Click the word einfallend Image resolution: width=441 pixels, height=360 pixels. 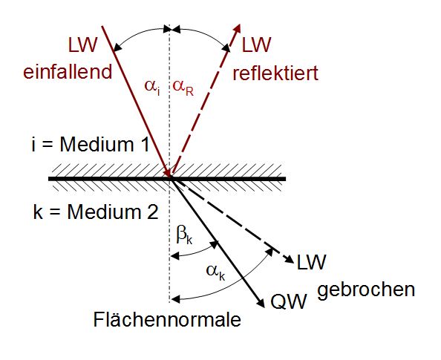point(68,72)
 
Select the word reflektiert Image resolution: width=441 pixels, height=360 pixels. point(275,73)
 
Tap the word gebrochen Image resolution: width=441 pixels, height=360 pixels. point(366,289)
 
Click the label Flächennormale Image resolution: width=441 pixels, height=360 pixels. point(167,319)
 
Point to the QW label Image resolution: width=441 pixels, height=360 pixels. point(288,301)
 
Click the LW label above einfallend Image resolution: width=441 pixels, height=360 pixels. point(82,45)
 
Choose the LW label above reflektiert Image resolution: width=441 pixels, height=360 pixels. point(256,45)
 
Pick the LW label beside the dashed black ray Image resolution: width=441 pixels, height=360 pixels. point(311,262)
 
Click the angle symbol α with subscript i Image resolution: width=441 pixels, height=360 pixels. point(152,87)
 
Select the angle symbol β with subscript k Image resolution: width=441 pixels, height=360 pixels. point(185,235)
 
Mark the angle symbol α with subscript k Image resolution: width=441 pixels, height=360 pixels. point(216,272)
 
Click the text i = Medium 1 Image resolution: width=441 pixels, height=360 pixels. point(91,145)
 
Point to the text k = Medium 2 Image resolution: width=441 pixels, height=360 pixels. point(96,212)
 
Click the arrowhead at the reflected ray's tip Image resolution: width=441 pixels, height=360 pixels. point(238,29)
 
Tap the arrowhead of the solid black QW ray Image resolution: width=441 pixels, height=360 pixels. point(261,303)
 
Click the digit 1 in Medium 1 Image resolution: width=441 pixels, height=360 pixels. point(145,145)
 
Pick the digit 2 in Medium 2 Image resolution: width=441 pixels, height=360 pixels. point(153,212)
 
